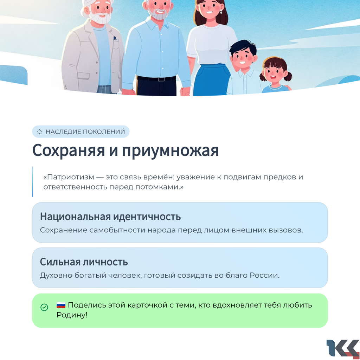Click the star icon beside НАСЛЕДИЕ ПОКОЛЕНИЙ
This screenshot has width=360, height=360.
(x=39, y=132)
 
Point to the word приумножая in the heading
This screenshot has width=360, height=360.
(x=170, y=152)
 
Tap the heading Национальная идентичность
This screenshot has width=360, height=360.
(x=110, y=217)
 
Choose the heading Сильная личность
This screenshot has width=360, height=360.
(x=84, y=262)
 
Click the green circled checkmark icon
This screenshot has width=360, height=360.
(x=44, y=307)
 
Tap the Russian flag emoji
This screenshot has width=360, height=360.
(x=61, y=305)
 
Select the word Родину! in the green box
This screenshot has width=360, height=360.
(x=72, y=315)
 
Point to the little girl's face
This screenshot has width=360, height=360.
(x=274, y=72)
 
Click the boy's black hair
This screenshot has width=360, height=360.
(x=243, y=47)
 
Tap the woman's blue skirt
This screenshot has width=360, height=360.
(x=211, y=80)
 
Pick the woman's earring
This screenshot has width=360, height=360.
(x=221, y=11)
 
